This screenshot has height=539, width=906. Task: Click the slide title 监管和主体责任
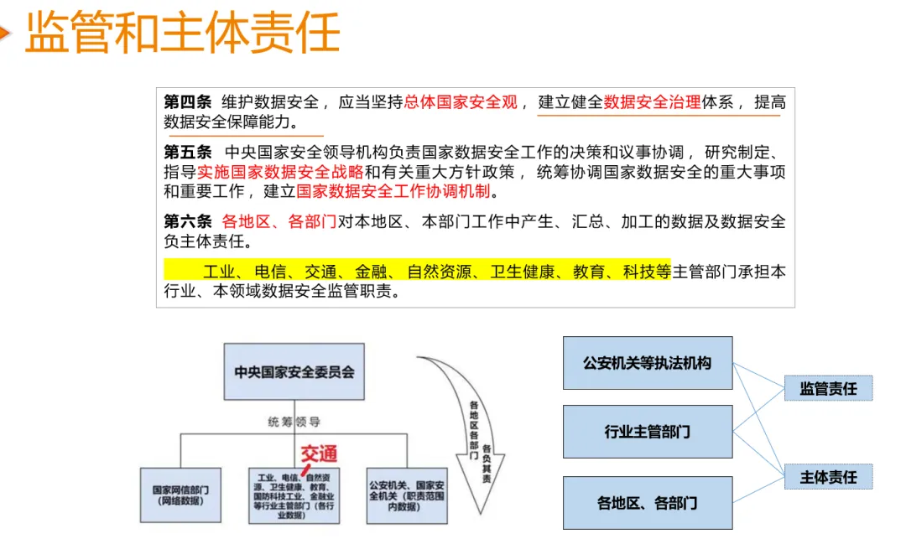(183, 33)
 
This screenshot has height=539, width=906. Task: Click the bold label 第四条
(188, 102)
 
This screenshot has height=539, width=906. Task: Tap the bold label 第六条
(188, 222)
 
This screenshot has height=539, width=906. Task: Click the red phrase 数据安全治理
(652, 102)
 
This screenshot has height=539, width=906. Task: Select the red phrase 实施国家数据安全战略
(280, 172)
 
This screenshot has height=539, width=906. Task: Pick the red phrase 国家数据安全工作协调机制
(393, 191)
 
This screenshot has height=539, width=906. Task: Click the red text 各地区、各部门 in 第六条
(279, 222)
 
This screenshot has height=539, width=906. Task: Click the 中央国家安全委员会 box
(294, 371)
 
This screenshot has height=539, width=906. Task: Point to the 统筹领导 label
(294, 422)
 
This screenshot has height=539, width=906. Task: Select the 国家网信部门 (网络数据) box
(180, 495)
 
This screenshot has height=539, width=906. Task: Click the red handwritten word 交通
(319, 454)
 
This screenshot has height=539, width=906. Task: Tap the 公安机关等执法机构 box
(647, 363)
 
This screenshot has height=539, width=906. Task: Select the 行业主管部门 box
(647, 433)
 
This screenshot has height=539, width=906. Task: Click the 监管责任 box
(828, 388)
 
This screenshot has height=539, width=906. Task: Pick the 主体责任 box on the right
(828, 476)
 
